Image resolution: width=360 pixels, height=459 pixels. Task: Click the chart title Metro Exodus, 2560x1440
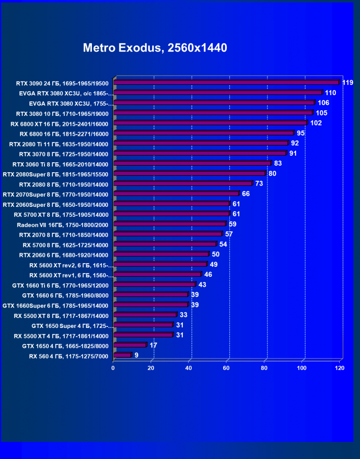[155, 48]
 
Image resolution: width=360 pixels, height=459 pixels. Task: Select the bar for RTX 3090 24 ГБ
[226, 82]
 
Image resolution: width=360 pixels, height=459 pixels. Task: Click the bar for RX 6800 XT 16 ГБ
[210, 123]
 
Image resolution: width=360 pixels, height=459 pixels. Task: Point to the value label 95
[300, 133]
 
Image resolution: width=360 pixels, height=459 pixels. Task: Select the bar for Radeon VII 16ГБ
[170, 224]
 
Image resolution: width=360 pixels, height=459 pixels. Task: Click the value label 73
[259, 184]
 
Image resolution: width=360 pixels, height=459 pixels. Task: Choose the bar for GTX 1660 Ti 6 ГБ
[154, 284]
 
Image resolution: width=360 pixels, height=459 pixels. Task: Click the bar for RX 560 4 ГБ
[122, 355]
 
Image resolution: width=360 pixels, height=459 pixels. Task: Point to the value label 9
[136, 355]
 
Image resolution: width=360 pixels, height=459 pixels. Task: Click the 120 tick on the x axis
[339, 368]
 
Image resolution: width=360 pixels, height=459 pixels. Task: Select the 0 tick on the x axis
[113, 368]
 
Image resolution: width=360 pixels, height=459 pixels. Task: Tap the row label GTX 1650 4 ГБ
[65, 346]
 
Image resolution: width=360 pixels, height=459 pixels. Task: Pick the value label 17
[153, 345]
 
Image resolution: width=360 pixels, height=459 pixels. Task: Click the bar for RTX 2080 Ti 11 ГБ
[201, 143]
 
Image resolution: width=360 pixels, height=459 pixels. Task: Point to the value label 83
[278, 163]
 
